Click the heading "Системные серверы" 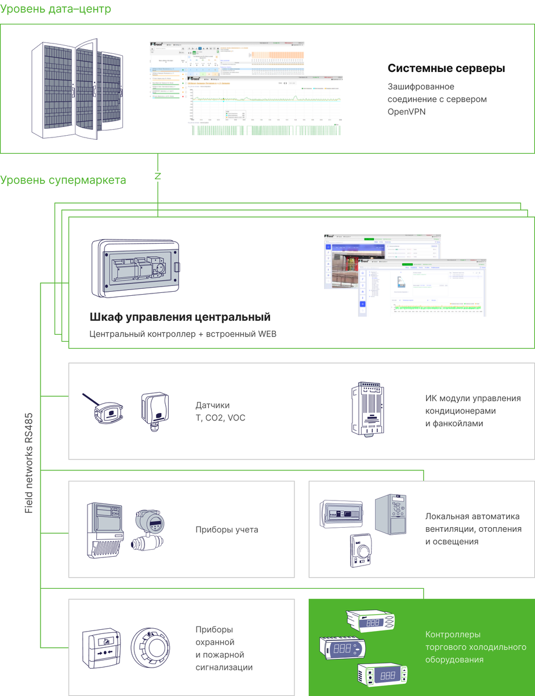446,68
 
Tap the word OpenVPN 406,111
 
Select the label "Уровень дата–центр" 56,9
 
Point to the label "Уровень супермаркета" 63,180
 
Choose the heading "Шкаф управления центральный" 180,317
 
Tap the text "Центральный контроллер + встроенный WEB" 183,334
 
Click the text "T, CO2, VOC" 220,418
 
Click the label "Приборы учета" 227,530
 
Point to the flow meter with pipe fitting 150,530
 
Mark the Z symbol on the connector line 158,176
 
